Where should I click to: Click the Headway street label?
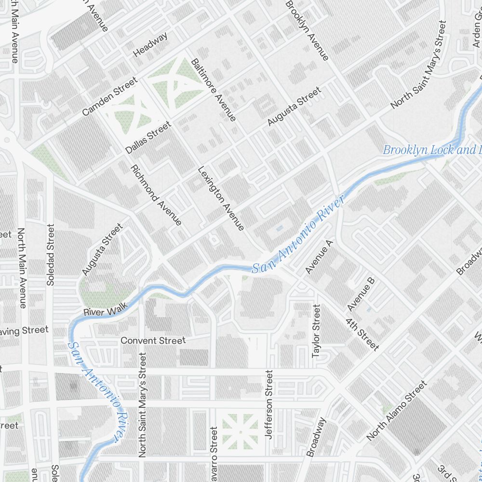pyautogui.click(x=151, y=44)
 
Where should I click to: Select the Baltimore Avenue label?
pyautogui.click(x=213, y=90)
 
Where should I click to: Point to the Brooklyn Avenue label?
pyautogui.click(x=307, y=30)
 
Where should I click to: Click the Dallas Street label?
pyautogui.click(x=148, y=138)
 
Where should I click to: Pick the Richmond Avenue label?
pyautogui.click(x=157, y=195)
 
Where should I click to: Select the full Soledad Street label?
pyautogui.click(x=51, y=254)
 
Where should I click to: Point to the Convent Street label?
pyautogui.click(x=153, y=341)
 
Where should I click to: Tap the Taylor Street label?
pyautogui.click(x=316, y=331)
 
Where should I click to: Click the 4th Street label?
pyautogui.click(x=361, y=333)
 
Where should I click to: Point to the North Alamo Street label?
pyautogui.click(x=397, y=410)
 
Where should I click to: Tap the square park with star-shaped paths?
pyautogui.click(x=240, y=430)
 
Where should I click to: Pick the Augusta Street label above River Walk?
pyautogui.click(x=102, y=249)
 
